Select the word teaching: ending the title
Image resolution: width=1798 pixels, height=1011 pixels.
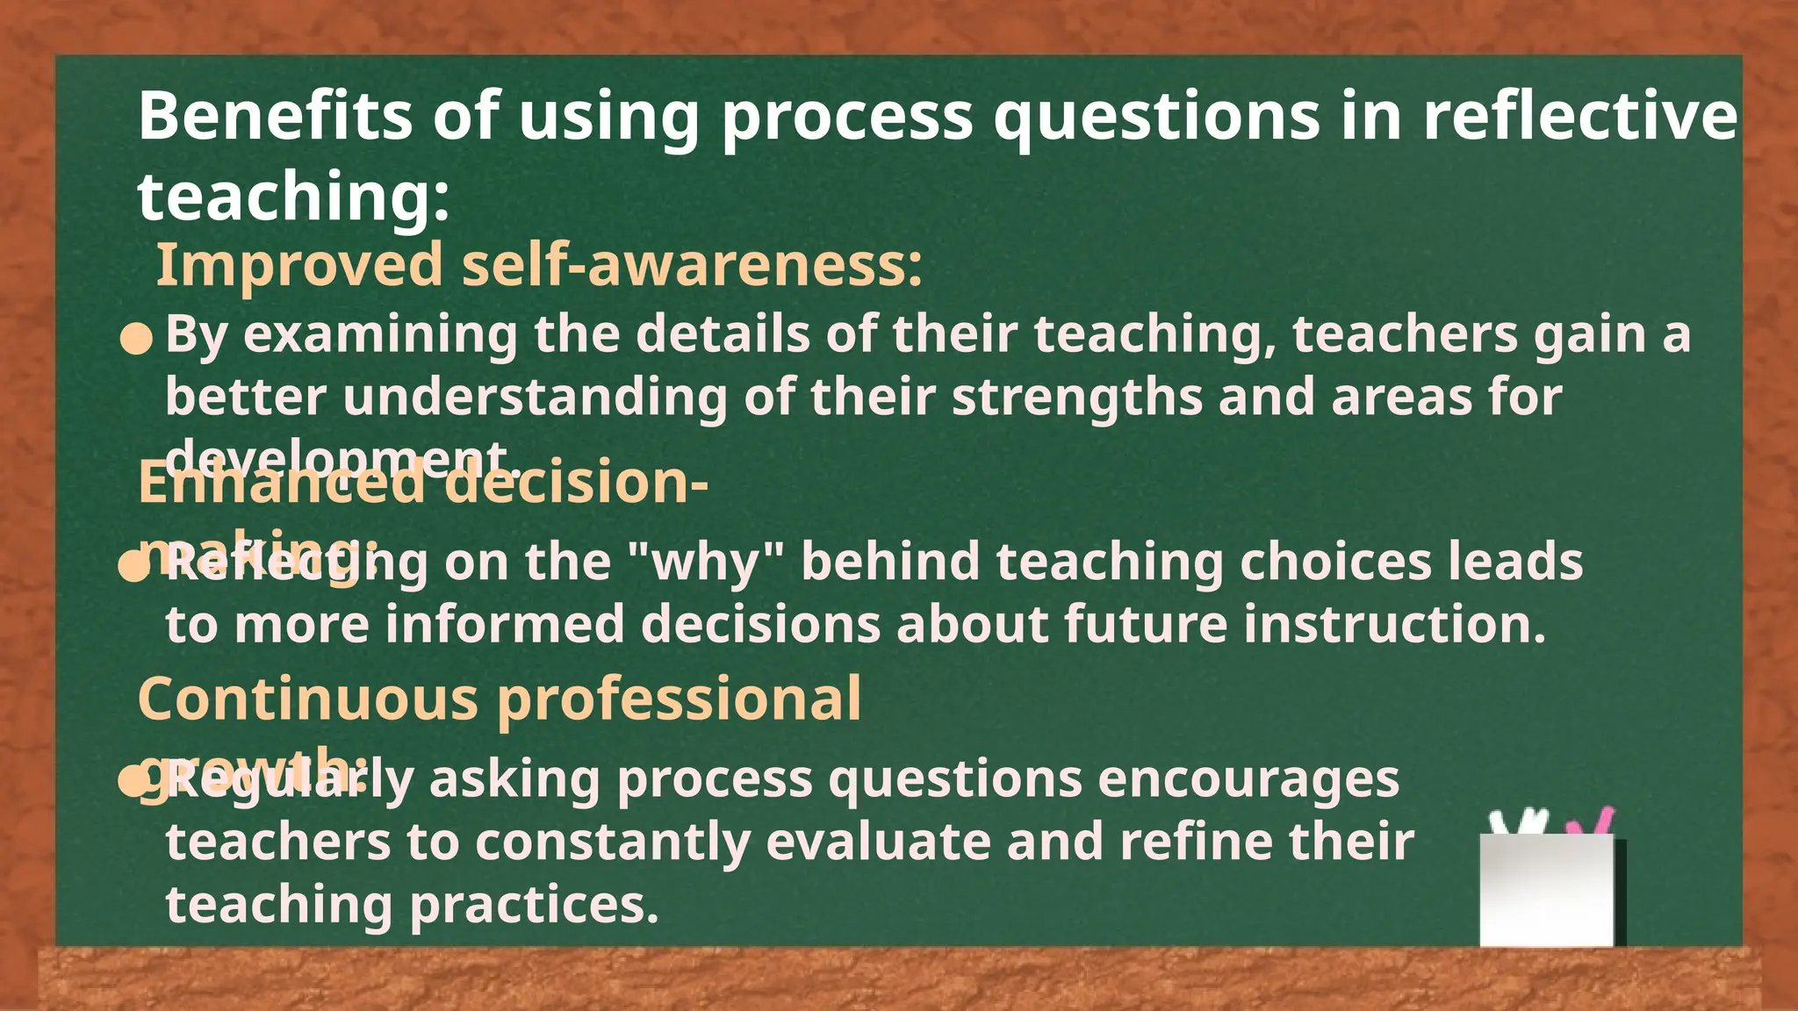click(293, 197)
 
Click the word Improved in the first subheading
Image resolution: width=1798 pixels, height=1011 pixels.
click(299, 265)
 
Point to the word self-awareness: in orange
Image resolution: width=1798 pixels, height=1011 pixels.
click(693, 265)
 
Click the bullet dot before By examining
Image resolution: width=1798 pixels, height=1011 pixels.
click(136, 339)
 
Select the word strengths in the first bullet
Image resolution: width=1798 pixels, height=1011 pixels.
click(1076, 397)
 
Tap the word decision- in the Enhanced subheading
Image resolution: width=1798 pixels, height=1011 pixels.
click(575, 483)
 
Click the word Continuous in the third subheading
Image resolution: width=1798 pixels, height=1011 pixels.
click(308, 699)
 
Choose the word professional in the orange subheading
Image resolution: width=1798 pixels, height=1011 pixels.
click(680, 699)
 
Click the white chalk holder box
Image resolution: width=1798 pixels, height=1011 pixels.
click(1547, 891)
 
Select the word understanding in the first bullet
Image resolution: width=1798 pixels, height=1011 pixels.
click(536, 397)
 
